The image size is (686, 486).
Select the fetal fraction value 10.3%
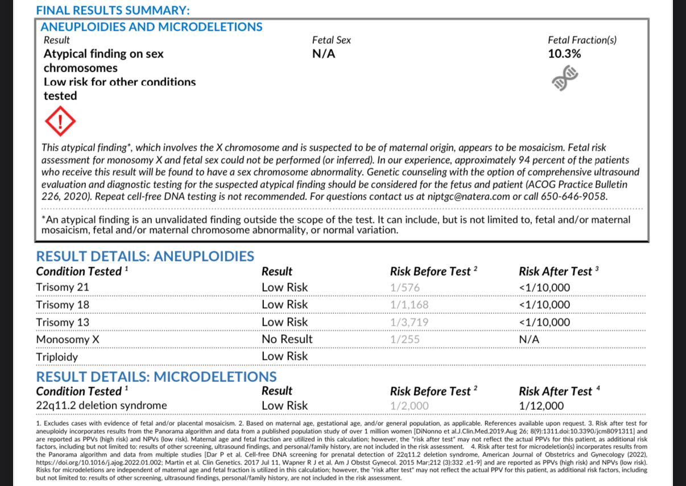tap(564, 54)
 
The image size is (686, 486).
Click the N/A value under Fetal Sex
tap(324, 54)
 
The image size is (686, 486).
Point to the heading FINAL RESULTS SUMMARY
tap(113, 10)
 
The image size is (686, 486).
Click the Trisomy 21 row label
tap(63, 288)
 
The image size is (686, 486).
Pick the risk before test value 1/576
tap(405, 288)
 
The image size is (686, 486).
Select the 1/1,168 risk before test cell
tap(410, 305)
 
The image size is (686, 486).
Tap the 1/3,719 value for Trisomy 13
tap(410, 322)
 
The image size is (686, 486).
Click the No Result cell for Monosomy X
tap(287, 339)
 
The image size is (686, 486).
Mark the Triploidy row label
tap(57, 357)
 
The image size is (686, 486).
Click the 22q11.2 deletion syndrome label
tap(101, 406)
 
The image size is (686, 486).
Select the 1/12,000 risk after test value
tap(542, 406)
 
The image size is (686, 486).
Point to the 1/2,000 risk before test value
tap(410, 406)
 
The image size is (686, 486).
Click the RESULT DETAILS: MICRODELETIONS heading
tap(156, 377)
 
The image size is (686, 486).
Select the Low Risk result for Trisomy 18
tap(284, 305)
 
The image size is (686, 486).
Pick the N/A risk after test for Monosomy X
tap(529, 339)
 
